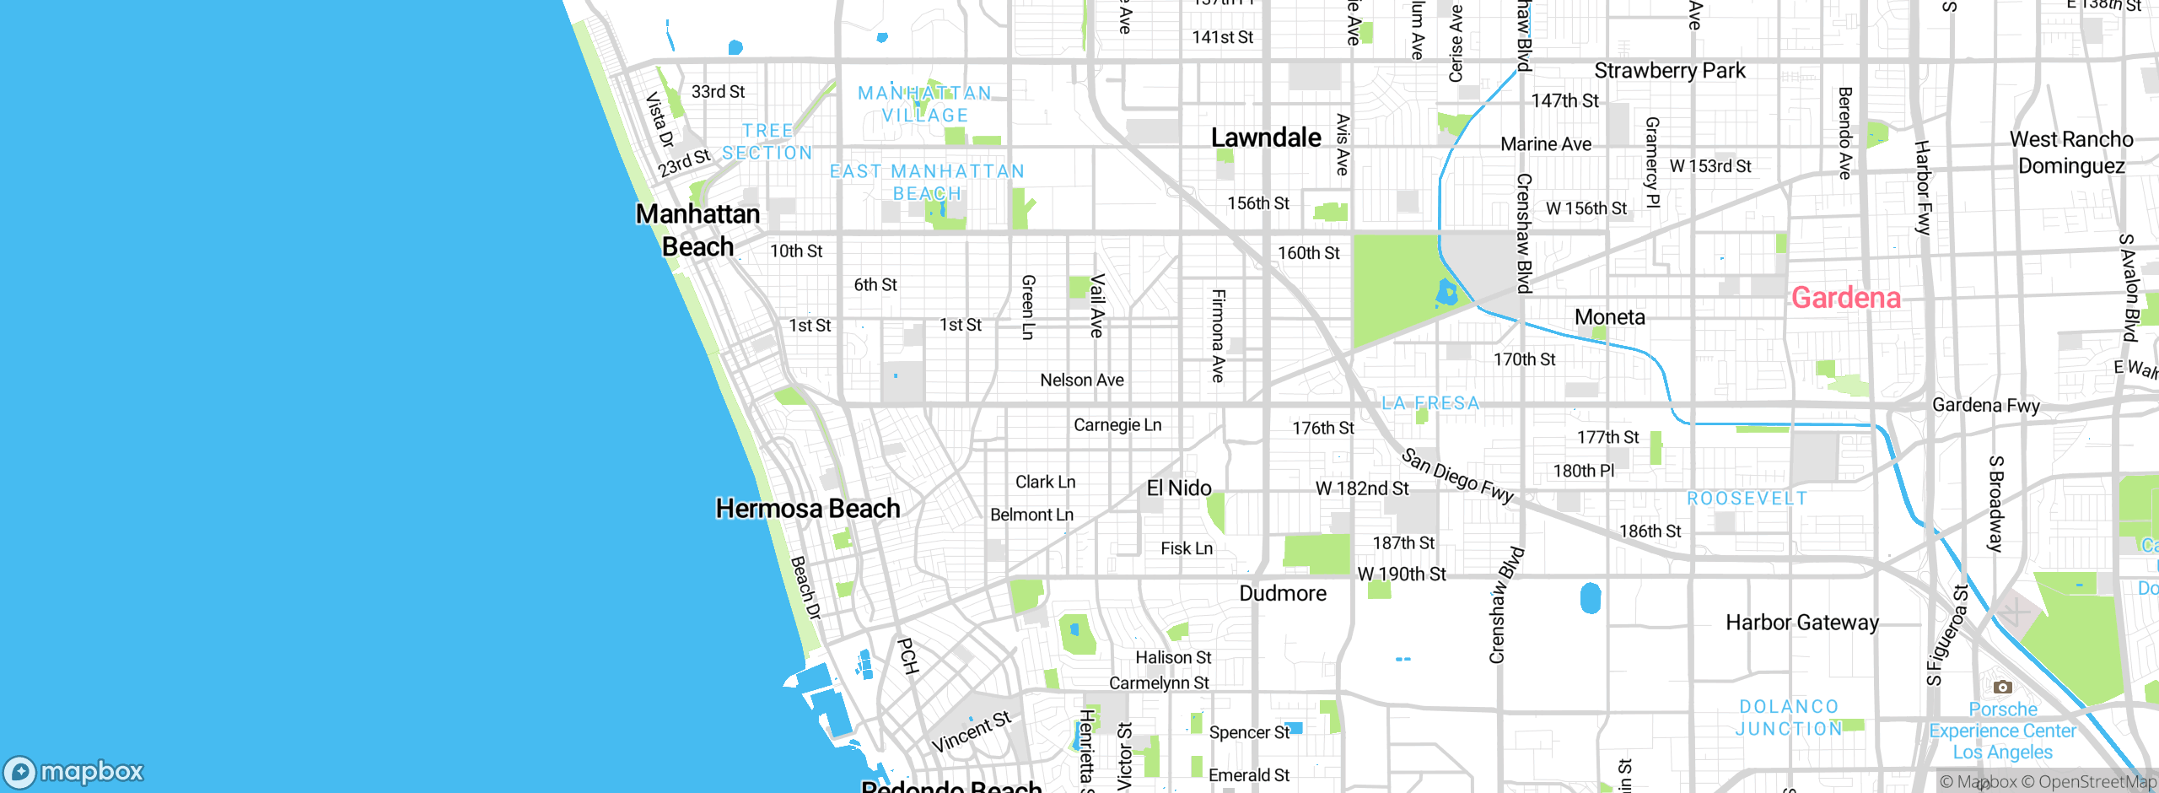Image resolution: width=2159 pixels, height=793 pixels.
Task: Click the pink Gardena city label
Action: tap(1845, 298)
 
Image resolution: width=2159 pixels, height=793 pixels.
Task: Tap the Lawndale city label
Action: tap(1266, 138)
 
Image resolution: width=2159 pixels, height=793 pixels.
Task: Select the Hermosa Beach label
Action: tap(807, 509)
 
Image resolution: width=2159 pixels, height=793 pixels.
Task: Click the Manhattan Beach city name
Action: tap(697, 230)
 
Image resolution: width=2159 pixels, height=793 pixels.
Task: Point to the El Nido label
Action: tap(1179, 488)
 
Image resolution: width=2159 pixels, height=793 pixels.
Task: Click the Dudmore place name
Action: tap(1282, 593)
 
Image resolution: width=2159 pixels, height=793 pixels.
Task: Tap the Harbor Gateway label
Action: tap(1802, 623)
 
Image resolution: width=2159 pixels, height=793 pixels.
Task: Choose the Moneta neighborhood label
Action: tap(1609, 317)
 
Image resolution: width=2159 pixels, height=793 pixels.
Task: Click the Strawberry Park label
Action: tap(1669, 71)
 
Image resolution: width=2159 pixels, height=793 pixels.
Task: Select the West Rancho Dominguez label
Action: tap(2071, 153)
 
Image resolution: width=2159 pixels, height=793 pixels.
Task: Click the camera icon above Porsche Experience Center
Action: tap(2002, 687)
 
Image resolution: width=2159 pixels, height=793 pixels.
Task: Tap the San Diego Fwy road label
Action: tap(1457, 475)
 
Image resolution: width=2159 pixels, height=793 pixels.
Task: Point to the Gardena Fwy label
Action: tap(1985, 406)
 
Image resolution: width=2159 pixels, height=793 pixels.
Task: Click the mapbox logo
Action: tap(74, 771)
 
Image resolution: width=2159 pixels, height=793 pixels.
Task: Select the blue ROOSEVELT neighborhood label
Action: tap(1747, 499)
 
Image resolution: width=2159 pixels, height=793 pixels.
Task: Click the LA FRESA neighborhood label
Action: tap(1430, 403)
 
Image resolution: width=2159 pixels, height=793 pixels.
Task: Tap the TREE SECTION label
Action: tap(767, 142)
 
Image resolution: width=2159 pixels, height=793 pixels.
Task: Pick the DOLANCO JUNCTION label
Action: tap(1789, 718)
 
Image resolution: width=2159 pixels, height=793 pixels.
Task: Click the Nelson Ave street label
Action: tap(1081, 380)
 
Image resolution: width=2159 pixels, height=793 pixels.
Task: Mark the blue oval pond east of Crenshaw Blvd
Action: tap(1590, 598)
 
